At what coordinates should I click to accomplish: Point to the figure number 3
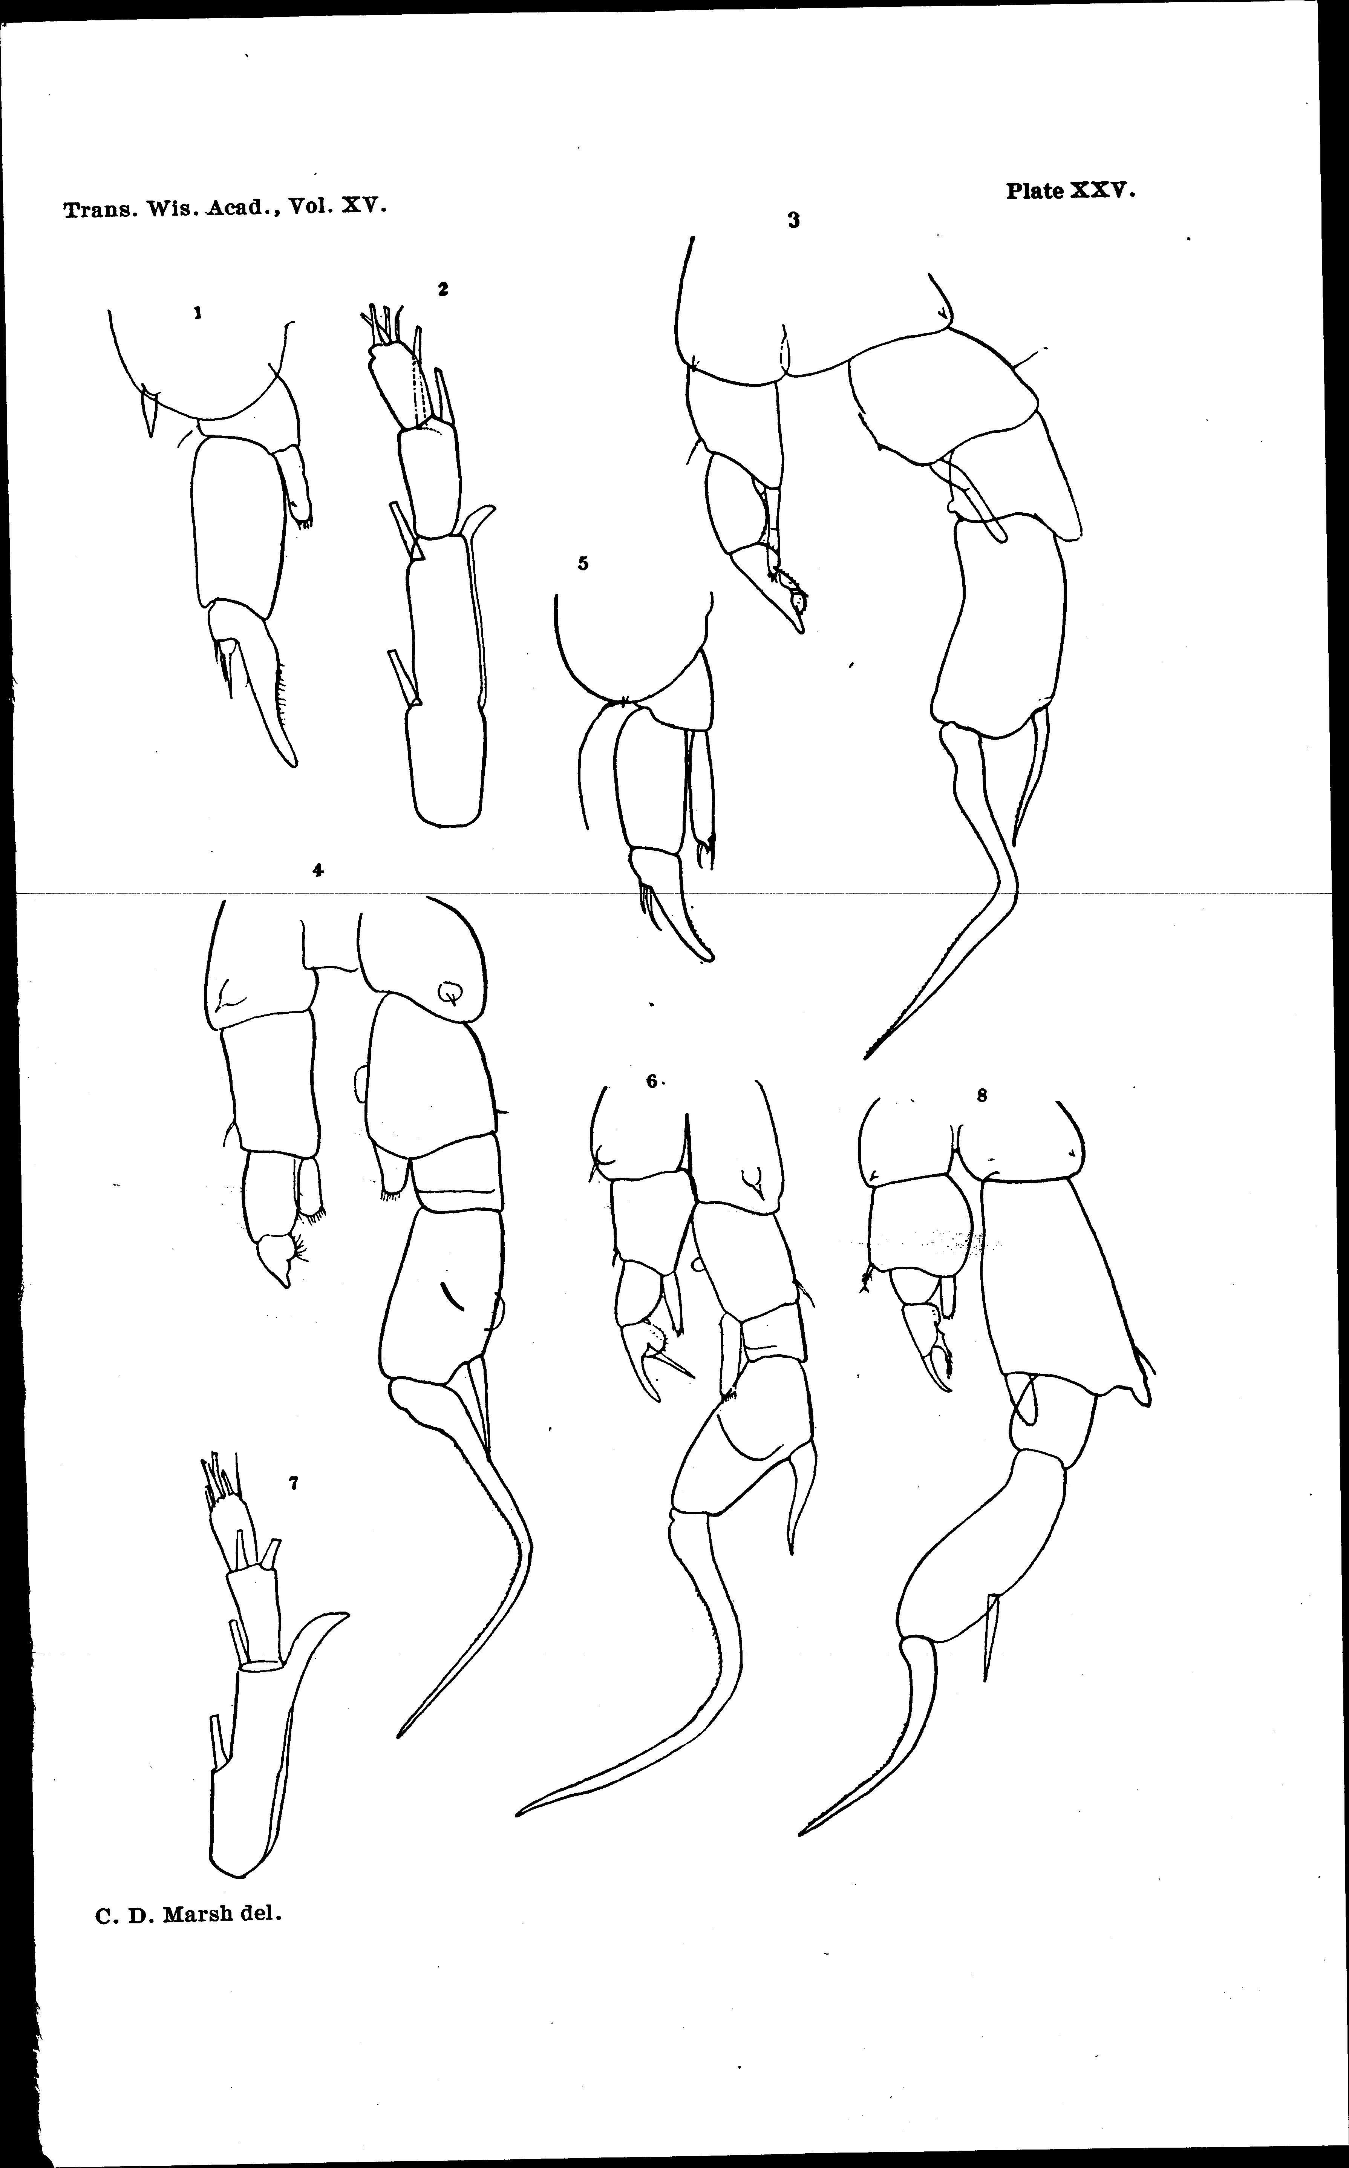click(793, 221)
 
